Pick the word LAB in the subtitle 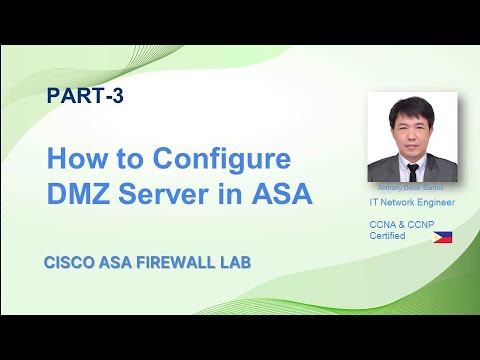[x=232, y=263]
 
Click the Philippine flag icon [x=440, y=238]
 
